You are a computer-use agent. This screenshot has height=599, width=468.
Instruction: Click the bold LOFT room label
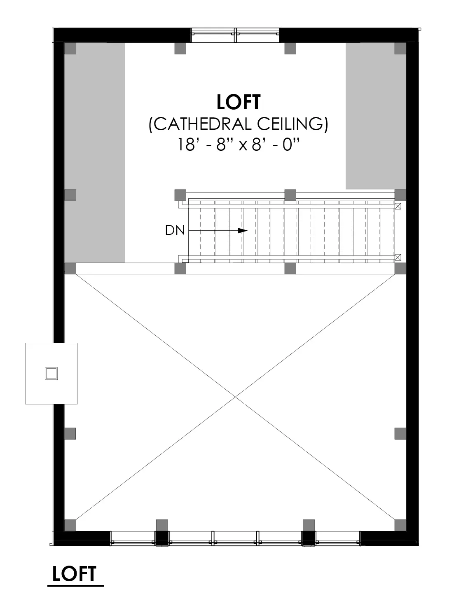click(x=239, y=102)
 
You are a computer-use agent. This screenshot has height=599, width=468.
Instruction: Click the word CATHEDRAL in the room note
click(x=204, y=124)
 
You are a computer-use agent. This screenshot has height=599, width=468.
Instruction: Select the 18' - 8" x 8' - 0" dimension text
click(x=238, y=145)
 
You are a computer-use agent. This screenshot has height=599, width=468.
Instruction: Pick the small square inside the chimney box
click(x=51, y=374)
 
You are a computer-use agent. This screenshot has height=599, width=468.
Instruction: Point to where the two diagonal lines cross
click(x=235, y=397)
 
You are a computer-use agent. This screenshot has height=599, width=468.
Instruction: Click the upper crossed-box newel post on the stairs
click(x=398, y=206)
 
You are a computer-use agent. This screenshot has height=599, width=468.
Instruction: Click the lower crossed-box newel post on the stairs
click(x=398, y=257)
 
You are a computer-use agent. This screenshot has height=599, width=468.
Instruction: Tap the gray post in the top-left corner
click(x=70, y=48)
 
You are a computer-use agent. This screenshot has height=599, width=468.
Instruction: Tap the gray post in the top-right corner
click(x=400, y=48)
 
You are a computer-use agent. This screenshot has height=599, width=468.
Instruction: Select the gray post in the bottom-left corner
click(x=70, y=525)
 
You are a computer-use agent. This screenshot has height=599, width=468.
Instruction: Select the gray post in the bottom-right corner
click(x=400, y=525)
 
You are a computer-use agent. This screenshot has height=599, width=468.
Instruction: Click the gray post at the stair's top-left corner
click(x=180, y=194)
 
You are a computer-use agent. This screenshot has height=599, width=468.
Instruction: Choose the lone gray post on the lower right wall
click(x=400, y=433)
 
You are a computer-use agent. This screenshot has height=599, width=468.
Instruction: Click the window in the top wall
click(x=235, y=35)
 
